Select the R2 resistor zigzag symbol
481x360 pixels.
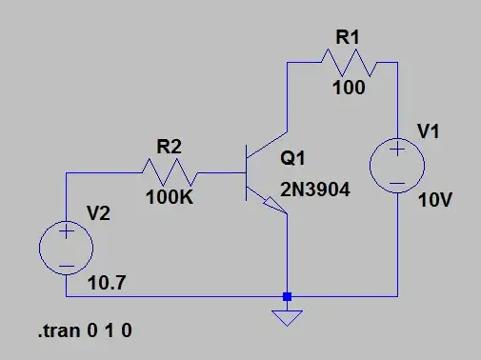pyautogui.click(x=170, y=172)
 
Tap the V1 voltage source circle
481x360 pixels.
pyautogui.click(x=397, y=166)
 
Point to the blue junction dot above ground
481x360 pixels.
pyautogui.click(x=287, y=296)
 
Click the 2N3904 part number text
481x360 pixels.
pyautogui.click(x=315, y=190)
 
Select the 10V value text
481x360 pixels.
pyautogui.click(x=434, y=203)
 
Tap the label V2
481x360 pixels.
pyautogui.click(x=100, y=213)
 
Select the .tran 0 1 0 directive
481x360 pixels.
pyautogui.click(x=84, y=332)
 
